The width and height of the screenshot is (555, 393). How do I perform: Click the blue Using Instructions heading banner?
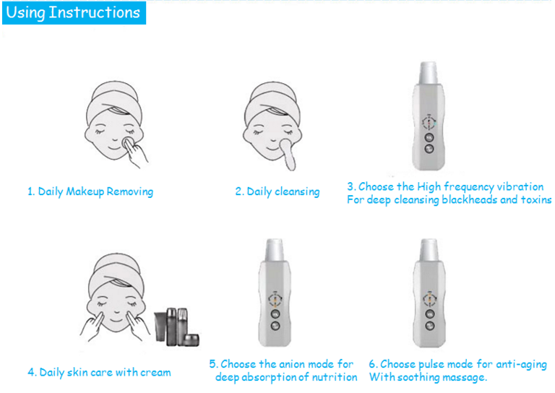[x=74, y=13]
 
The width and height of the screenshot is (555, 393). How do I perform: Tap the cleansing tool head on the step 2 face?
[x=285, y=144]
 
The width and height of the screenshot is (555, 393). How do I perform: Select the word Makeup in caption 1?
[x=85, y=191]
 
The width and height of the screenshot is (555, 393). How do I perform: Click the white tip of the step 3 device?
[x=429, y=73]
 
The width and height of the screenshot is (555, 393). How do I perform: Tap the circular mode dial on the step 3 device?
[x=429, y=122]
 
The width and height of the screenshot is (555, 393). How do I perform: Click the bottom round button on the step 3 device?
[x=429, y=149]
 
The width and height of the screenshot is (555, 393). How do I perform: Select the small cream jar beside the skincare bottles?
[x=191, y=340]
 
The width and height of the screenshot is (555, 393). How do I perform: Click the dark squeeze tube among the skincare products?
[x=160, y=326]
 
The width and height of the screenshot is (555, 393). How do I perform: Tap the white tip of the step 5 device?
[x=275, y=250]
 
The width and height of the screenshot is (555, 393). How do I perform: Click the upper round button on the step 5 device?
[x=275, y=314]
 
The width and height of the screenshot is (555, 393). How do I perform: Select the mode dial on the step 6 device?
[x=430, y=299]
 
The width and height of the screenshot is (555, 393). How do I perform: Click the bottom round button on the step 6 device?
[x=430, y=326]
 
